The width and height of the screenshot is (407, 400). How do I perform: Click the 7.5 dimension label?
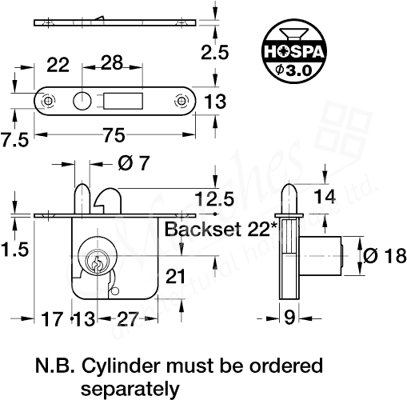pos(15,140)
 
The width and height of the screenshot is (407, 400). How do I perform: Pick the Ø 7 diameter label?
pos(133,164)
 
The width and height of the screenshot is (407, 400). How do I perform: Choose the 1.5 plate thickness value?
pos(14,250)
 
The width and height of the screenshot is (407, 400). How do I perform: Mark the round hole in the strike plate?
pos(82,101)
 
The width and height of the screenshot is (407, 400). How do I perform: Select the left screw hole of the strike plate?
pos(50,101)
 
